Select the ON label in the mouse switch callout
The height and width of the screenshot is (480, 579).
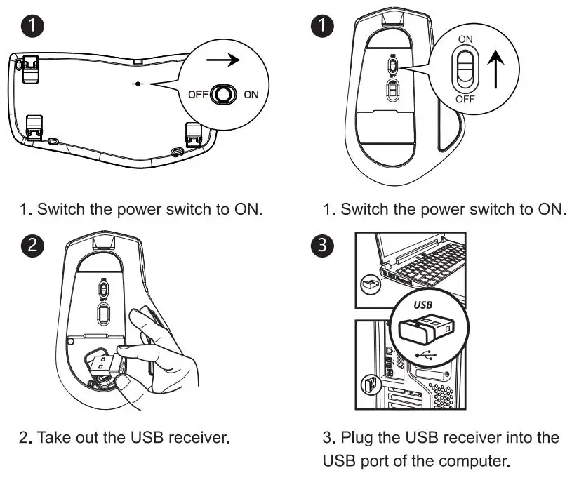click(465, 41)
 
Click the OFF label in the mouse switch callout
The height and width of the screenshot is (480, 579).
click(465, 99)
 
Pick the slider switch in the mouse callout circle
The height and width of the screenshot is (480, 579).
click(465, 70)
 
